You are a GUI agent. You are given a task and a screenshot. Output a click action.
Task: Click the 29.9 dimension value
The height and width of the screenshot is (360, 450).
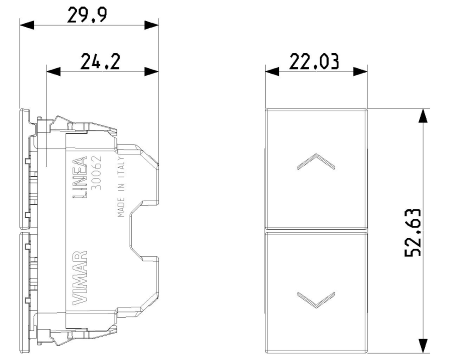coord(87,15)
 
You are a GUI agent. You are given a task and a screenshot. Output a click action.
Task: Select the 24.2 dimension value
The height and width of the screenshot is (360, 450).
coord(100,61)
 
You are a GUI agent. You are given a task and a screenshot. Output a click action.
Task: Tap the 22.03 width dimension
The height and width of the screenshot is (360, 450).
coord(314,61)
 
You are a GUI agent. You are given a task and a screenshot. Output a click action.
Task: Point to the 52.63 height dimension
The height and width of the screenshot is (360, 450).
coord(413,232)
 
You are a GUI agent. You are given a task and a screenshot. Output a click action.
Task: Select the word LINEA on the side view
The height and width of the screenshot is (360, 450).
coord(80,177)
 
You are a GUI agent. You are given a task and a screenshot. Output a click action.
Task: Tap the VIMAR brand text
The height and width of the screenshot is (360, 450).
coord(80,278)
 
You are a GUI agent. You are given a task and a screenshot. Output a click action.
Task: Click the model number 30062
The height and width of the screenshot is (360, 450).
coord(96,172)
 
